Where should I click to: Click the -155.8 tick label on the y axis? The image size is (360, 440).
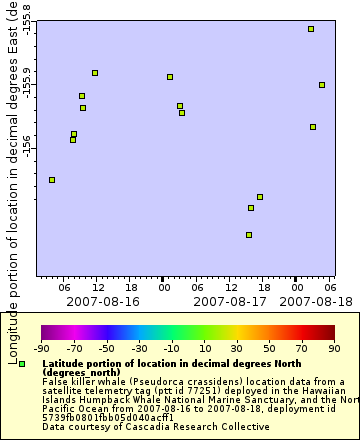pos(26,17)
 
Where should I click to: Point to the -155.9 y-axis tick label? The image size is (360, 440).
pos(26,83)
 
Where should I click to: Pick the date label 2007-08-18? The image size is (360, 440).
pos(308,300)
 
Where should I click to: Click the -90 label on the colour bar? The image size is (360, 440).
pos(42,348)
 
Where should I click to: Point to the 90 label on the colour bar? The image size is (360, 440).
pos(334,348)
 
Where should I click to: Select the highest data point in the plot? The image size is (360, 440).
pos(311,29)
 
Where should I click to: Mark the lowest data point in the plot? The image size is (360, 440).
pos(249,235)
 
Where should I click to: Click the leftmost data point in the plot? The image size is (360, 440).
pos(52,180)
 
